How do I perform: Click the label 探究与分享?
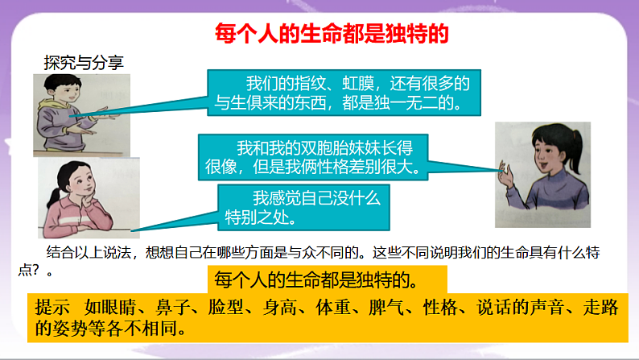point(84,63)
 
